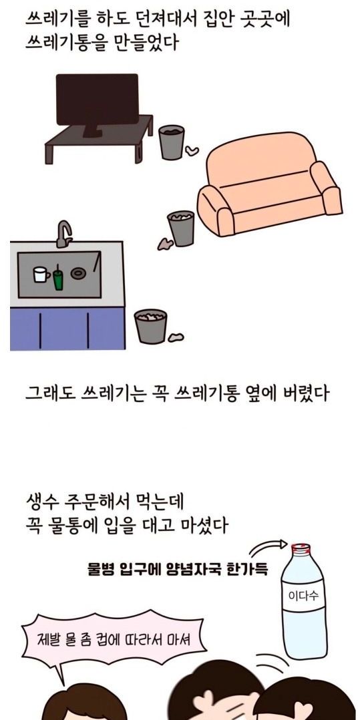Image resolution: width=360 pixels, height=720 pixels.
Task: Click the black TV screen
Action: pos(97,99)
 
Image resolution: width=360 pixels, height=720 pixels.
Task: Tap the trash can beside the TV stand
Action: pos(171,142)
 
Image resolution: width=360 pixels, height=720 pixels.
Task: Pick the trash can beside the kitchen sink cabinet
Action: pos(150,327)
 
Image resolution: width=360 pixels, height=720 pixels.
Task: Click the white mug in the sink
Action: pos(40,274)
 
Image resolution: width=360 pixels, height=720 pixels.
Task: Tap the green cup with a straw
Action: pos(58,278)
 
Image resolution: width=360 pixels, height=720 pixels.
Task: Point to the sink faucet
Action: pos(64,234)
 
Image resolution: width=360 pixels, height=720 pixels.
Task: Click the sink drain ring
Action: pos(79,274)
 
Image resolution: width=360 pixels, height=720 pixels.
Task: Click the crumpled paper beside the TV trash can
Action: pos(192,150)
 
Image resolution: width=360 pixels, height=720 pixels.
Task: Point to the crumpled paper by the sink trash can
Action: pos(176,337)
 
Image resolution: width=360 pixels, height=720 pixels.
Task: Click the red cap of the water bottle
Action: pos(301,548)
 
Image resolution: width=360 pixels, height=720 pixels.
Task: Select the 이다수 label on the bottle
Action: pos(303,596)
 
